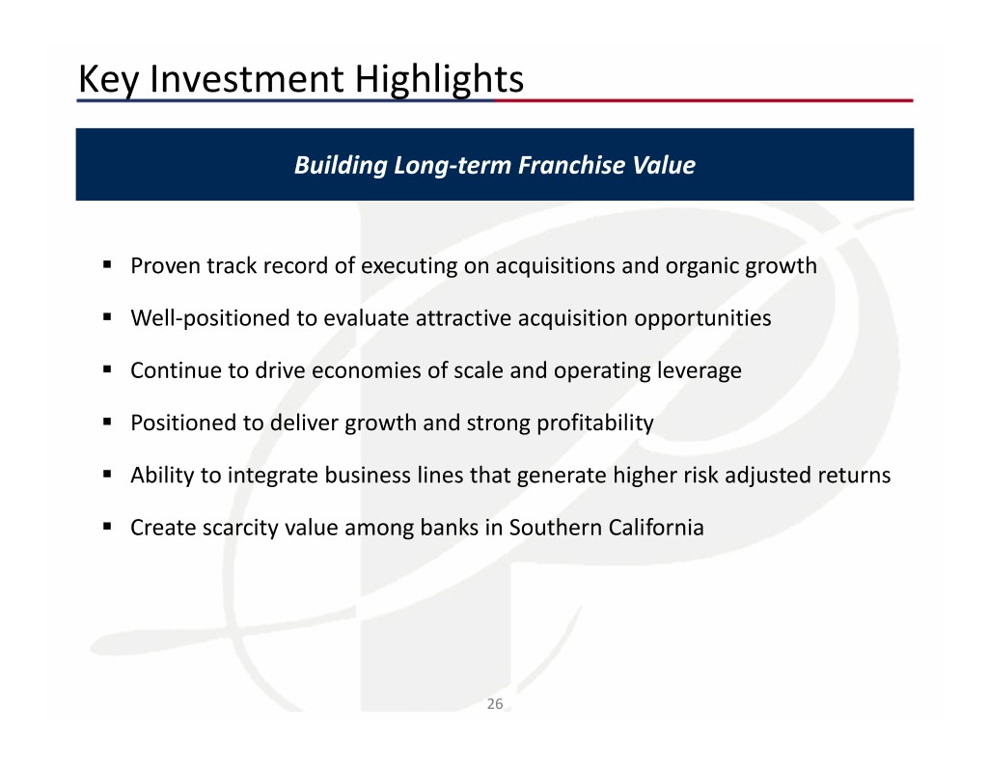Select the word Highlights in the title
[x=439, y=80]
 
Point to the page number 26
[x=495, y=704]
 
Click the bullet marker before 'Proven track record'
[x=107, y=264]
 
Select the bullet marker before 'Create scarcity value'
[x=107, y=526]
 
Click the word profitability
[x=594, y=423]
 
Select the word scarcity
[x=240, y=528]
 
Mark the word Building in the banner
[x=341, y=166]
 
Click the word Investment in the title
[x=247, y=80]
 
